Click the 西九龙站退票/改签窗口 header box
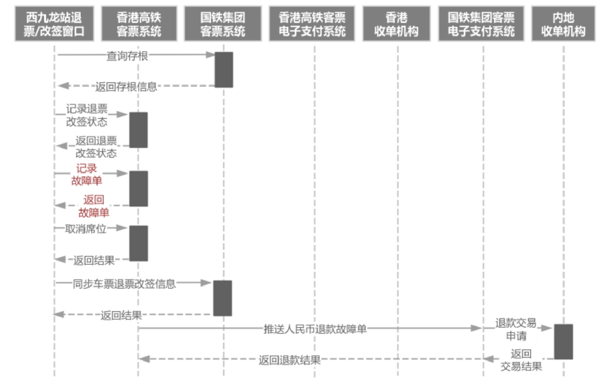pyautogui.click(x=54, y=24)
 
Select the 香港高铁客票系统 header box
pyautogui.click(x=139, y=24)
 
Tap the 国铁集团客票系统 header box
pyautogui.click(x=223, y=24)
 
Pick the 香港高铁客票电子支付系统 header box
pyautogui.click(x=312, y=24)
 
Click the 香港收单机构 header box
pyautogui.click(x=396, y=24)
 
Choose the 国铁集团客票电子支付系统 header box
pyautogui.click(x=481, y=24)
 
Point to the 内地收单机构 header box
pyautogui.click(x=564, y=24)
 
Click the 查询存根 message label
pyautogui.click(x=127, y=56)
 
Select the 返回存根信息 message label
pyautogui.click(x=126, y=86)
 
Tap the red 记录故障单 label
pyautogui.click(x=86, y=174)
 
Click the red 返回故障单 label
pyautogui.click(x=94, y=206)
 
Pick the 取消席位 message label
pyautogui.click(x=85, y=229)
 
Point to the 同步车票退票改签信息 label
pyautogui.click(x=124, y=284)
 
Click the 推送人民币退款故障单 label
pyautogui.click(x=315, y=329)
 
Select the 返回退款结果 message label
pyautogui.click(x=290, y=360)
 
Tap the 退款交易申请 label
pyautogui.click(x=516, y=329)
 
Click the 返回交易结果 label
pyautogui.click(x=521, y=360)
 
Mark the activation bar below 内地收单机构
pyautogui.click(x=564, y=342)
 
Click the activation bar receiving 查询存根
pyautogui.click(x=224, y=70)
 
